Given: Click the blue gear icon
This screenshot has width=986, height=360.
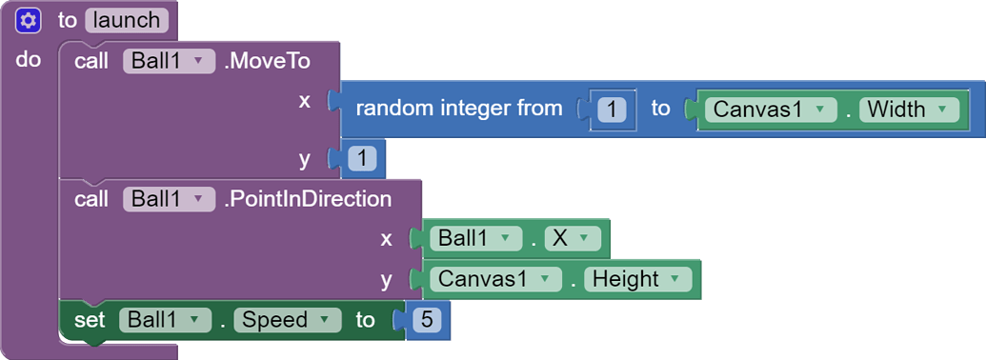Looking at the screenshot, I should click(28, 20).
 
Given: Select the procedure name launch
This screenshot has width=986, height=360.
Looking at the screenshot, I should click(127, 20).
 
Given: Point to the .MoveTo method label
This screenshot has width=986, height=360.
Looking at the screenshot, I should click(267, 62).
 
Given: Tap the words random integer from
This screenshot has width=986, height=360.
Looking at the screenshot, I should click(459, 109).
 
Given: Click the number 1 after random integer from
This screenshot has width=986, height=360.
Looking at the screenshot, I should click(611, 110).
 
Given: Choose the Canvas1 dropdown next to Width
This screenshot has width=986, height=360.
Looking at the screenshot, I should click(771, 110).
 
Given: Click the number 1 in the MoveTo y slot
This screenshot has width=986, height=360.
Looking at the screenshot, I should click(363, 158).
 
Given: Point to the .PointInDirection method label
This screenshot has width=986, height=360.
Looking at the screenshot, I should click(307, 199).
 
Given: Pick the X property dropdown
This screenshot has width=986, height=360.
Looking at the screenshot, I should click(573, 238).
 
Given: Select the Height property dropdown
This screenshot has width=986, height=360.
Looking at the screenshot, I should click(636, 279).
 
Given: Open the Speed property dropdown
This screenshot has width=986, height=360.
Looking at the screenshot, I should click(287, 320).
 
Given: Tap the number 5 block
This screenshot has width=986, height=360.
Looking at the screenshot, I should click(426, 320).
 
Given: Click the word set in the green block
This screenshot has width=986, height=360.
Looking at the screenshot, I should click(90, 320).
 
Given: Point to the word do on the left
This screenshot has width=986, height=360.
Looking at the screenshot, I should click(29, 59).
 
